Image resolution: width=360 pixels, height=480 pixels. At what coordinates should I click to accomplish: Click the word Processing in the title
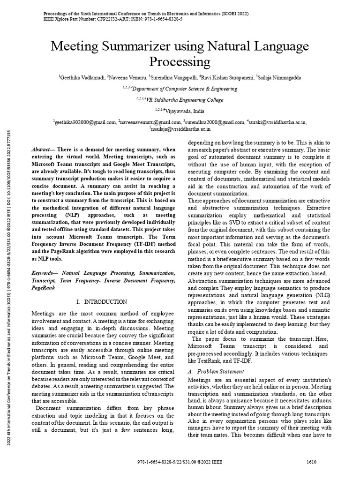180,62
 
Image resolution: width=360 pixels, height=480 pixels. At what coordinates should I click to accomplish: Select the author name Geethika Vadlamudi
82,76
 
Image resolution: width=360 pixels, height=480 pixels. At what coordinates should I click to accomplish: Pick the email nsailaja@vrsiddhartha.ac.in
180,128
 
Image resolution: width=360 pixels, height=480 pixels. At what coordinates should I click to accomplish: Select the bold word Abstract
42,149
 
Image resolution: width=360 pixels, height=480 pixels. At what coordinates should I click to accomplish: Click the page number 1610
311,462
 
